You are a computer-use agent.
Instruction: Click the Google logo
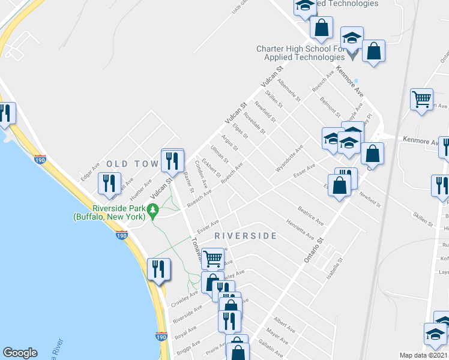pyautogui.click(x=20, y=353)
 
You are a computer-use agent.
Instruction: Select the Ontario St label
pyautogui.click(x=313, y=246)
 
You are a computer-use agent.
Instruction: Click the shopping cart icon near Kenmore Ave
pyautogui.click(x=422, y=99)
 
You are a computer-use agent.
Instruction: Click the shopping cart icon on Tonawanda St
pyautogui.click(x=212, y=259)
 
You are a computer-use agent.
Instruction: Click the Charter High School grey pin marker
pyautogui.click(x=352, y=55)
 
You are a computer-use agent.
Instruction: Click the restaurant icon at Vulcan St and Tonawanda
pyautogui.click(x=172, y=160)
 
